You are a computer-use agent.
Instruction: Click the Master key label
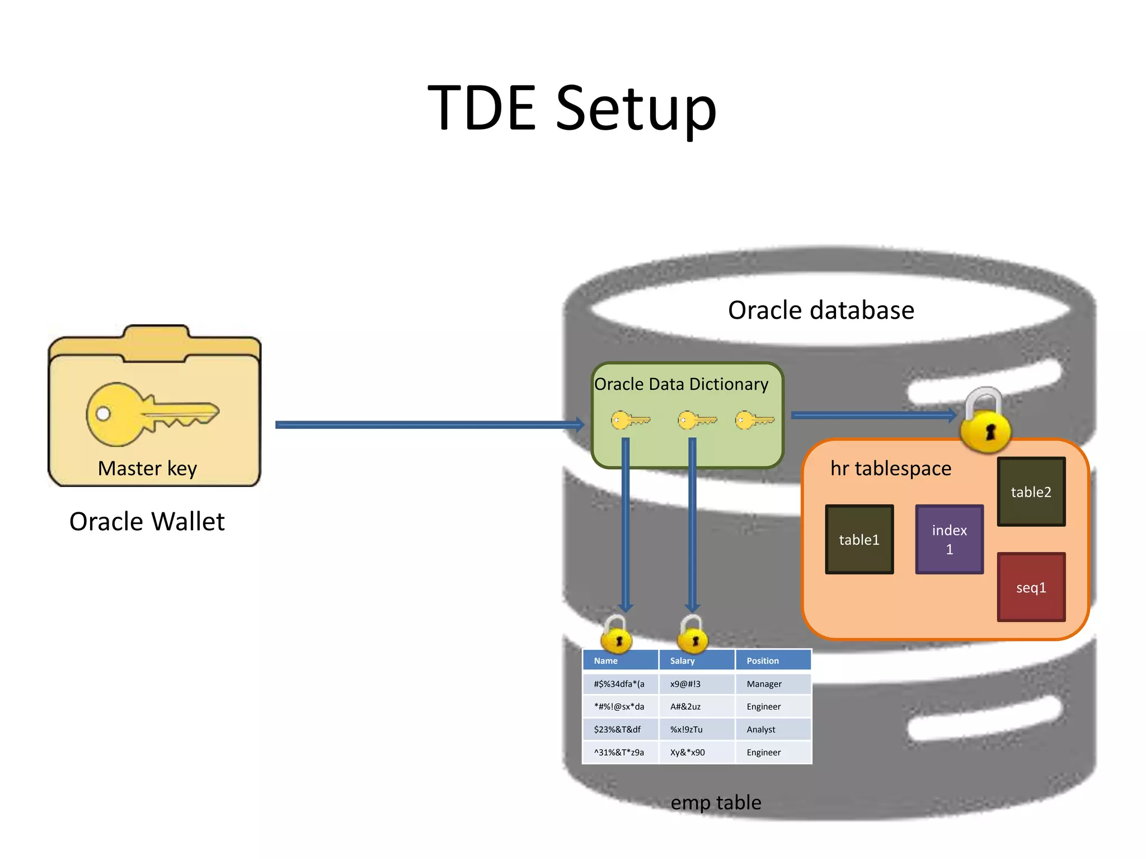pyautogui.click(x=147, y=468)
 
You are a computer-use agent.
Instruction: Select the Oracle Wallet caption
pyautogui.click(x=147, y=521)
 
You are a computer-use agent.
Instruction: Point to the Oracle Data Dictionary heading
pyautogui.click(x=681, y=384)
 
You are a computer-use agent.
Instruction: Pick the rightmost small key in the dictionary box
pyautogui.click(x=754, y=420)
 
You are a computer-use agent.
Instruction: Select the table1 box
pyautogui.click(x=859, y=540)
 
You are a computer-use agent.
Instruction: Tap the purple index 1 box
pyautogui.click(x=949, y=540)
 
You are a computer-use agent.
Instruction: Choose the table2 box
pyautogui.click(x=1031, y=492)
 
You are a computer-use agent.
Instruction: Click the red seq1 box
pyautogui.click(x=1031, y=587)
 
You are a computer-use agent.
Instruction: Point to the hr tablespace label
pyautogui.click(x=890, y=468)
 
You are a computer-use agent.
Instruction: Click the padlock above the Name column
pyautogui.click(x=617, y=636)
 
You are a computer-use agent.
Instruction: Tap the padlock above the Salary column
pyautogui.click(x=693, y=636)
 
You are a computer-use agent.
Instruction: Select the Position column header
pyautogui.click(x=772, y=660)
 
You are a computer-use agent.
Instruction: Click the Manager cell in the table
pyautogui.click(x=772, y=684)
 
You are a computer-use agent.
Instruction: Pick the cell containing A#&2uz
pyautogui.click(x=696, y=706)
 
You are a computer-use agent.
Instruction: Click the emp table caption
pyautogui.click(x=716, y=803)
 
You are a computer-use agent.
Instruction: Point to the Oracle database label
pyautogui.click(x=821, y=310)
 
